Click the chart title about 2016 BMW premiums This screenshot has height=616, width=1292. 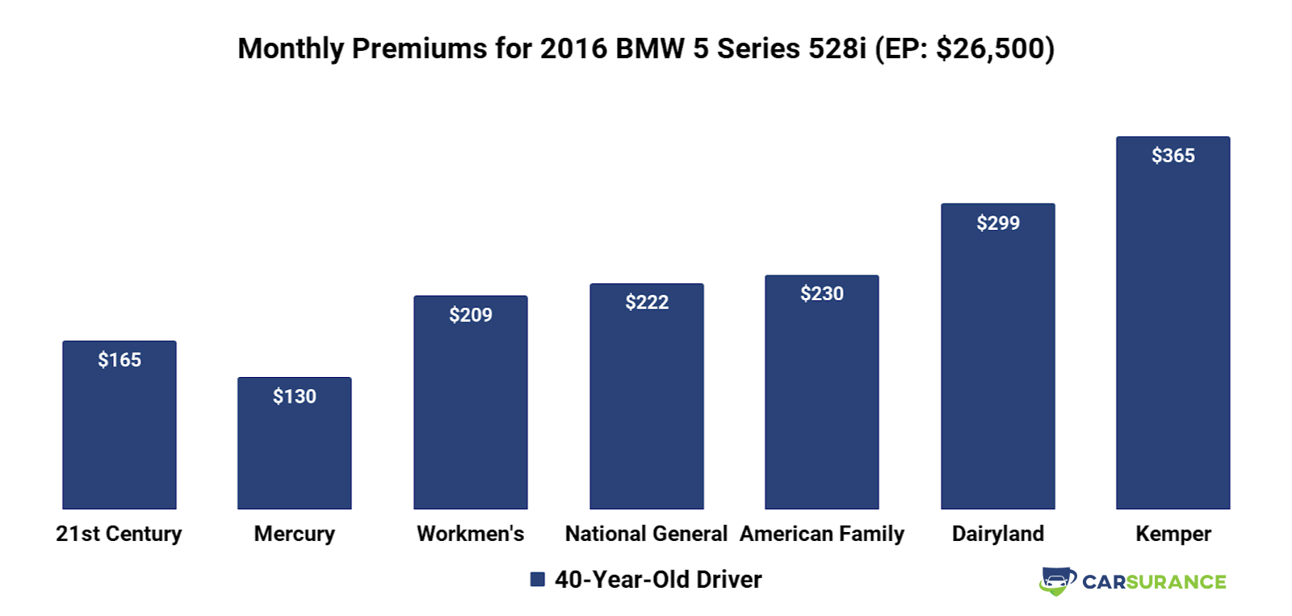click(646, 48)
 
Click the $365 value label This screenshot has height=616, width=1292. click(1173, 156)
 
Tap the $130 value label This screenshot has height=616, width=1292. click(295, 396)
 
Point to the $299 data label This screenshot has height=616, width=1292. click(998, 223)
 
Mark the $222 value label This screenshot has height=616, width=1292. click(647, 303)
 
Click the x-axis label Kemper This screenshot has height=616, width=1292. click(1173, 534)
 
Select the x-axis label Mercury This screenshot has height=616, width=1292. click(295, 534)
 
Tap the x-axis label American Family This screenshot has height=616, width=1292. click(822, 534)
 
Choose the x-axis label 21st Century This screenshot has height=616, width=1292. click(119, 534)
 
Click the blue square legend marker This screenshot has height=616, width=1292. click(538, 580)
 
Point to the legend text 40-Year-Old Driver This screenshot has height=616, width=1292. click(658, 580)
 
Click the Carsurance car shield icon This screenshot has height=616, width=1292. click(1057, 581)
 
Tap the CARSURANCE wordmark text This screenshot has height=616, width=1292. click(1154, 582)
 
